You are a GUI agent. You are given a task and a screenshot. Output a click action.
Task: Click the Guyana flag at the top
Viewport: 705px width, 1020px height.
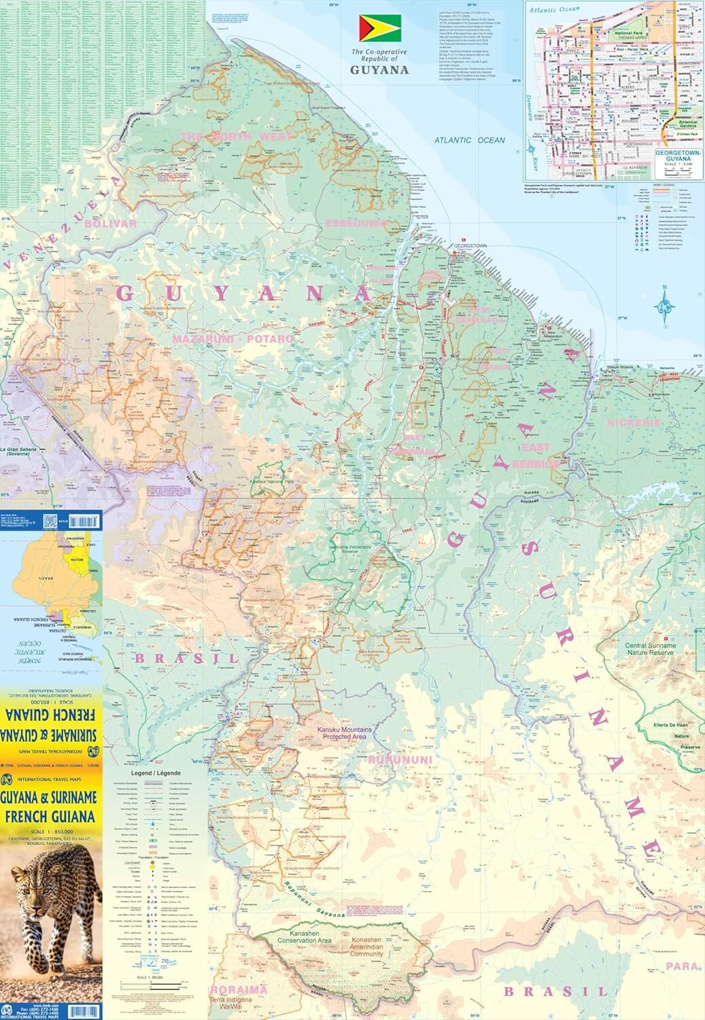(x=380, y=29)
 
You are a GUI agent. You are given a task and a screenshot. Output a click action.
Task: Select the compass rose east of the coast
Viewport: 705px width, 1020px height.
(x=664, y=307)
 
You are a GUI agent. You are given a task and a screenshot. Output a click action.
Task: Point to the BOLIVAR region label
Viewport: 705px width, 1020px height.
(x=111, y=223)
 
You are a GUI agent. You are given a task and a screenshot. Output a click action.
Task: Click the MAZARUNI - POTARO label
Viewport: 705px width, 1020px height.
(x=233, y=338)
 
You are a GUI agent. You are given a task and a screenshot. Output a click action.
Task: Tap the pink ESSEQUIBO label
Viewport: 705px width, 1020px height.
(x=356, y=223)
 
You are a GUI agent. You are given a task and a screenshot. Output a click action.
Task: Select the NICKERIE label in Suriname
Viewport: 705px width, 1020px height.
(x=634, y=422)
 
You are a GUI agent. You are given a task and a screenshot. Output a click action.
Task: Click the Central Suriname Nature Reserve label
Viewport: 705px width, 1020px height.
(x=651, y=649)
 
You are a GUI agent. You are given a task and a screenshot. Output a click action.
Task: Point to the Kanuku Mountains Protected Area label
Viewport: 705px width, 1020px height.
(x=345, y=733)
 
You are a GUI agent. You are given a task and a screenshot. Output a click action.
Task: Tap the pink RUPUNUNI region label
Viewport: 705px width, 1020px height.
(x=400, y=759)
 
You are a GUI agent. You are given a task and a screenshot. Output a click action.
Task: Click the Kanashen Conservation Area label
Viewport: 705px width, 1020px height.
(x=305, y=937)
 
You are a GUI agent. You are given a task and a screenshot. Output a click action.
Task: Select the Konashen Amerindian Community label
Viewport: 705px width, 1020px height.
(x=366, y=946)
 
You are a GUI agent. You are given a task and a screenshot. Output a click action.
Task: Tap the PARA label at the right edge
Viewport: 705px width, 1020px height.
(x=683, y=966)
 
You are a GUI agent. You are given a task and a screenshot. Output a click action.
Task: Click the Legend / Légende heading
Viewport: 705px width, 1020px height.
(x=156, y=774)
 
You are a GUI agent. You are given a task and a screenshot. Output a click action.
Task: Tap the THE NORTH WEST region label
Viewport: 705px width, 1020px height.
(x=236, y=137)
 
